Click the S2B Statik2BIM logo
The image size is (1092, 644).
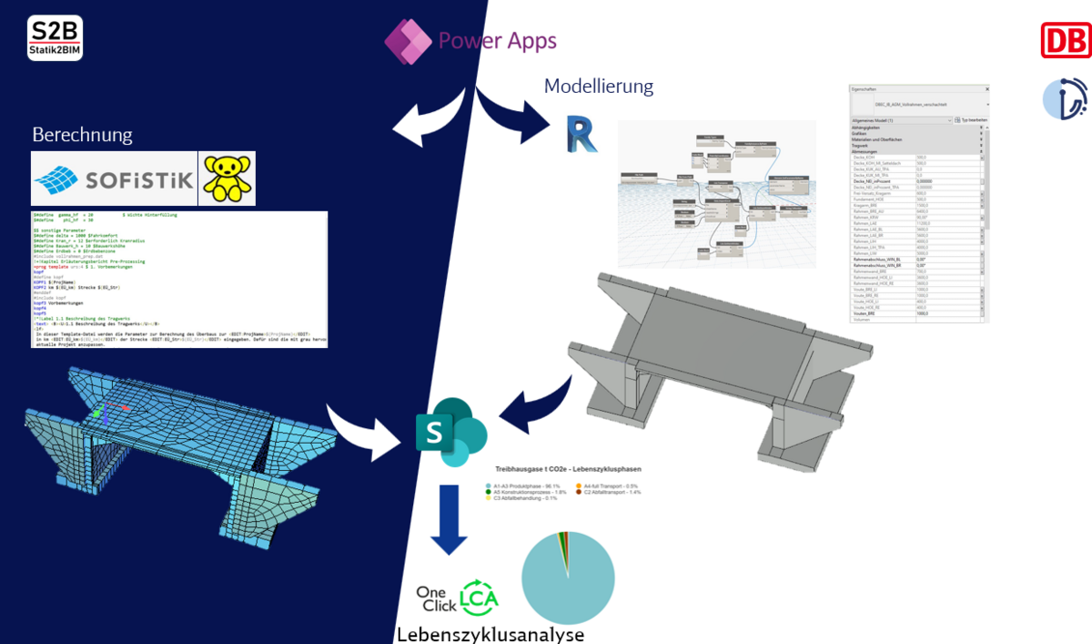56,37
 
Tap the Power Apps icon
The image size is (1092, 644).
407,41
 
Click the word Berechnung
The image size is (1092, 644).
82,135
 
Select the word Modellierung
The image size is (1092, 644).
598,87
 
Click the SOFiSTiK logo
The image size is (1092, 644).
114,179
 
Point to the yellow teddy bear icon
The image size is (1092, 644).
227,178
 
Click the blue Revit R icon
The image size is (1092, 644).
580,133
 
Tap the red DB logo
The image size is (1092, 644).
1066,41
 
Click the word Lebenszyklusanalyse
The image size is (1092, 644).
490,634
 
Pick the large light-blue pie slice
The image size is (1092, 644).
564,583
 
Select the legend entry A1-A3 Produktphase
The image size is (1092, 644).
532,486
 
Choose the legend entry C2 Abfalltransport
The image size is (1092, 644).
620,492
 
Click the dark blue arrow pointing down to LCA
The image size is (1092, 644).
448,519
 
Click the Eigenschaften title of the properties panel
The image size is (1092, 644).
863,89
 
